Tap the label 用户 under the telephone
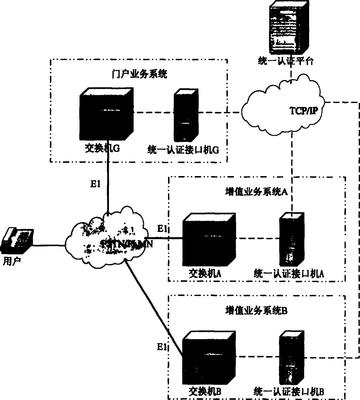[x=13, y=261]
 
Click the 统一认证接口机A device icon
[x=291, y=239]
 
